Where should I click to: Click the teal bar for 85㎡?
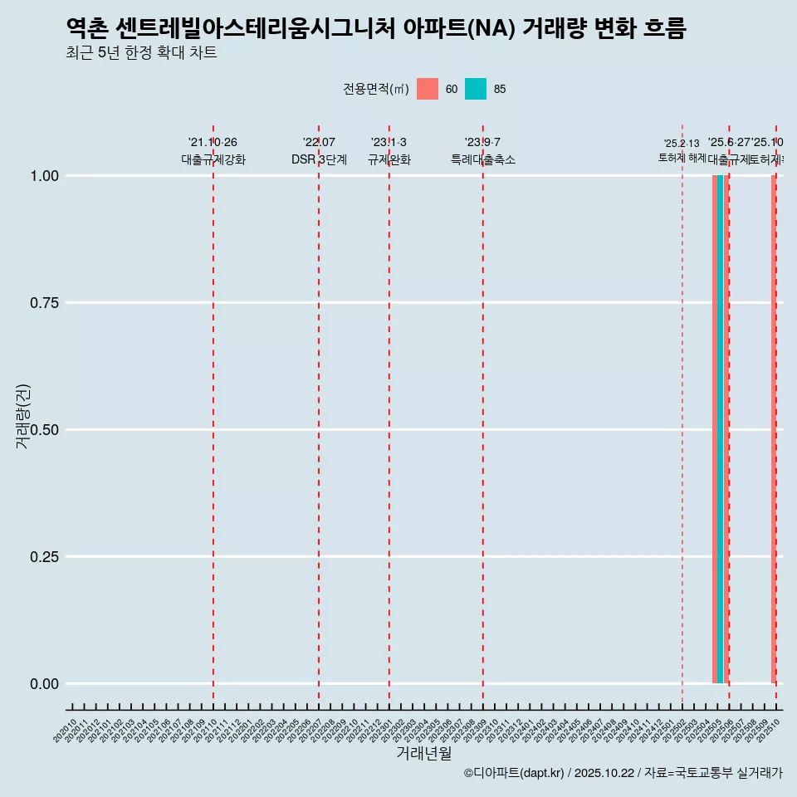coord(721,429)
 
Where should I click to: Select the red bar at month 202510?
coord(774,429)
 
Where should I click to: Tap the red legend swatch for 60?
coord(428,89)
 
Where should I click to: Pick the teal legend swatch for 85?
coord(476,89)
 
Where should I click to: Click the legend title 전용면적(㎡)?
coord(376,89)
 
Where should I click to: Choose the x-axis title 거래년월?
coord(423,754)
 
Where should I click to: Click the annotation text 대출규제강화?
coord(213,160)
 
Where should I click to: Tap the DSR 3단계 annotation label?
coord(319,160)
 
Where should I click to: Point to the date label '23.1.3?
coord(389,143)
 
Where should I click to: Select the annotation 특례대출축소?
coord(483,160)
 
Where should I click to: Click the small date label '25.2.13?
coord(682,144)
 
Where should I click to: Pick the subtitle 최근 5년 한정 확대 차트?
coord(141,53)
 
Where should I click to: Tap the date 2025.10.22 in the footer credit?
coord(604,773)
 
